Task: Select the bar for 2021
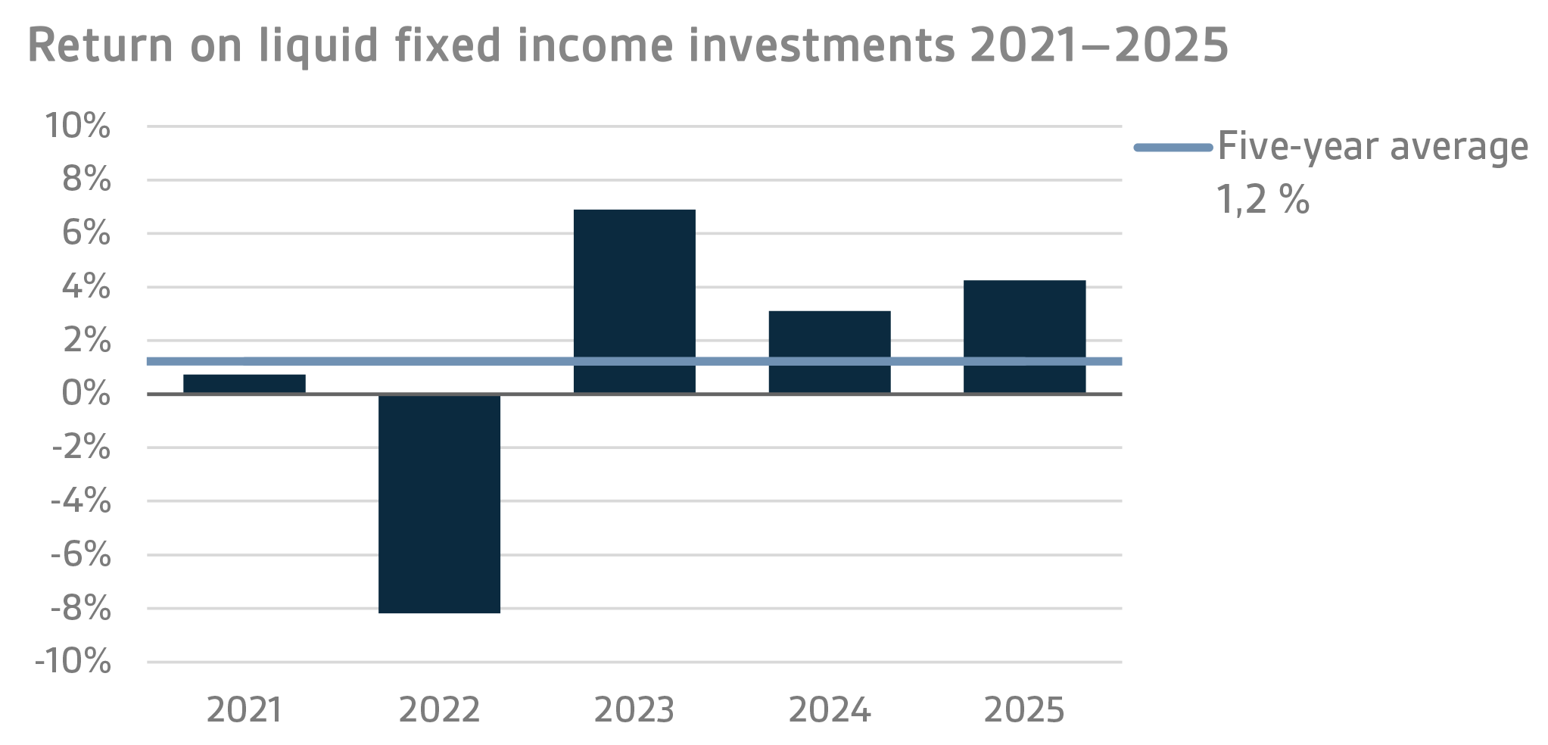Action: click(x=244, y=384)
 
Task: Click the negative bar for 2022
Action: click(x=439, y=503)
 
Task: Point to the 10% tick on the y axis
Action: click(x=78, y=126)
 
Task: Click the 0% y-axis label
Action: click(x=86, y=394)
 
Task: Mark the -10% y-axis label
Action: click(x=73, y=662)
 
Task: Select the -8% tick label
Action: click(x=81, y=609)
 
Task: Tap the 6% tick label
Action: click(x=86, y=233)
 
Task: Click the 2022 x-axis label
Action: click(x=439, y=710)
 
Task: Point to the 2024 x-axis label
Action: click(x=830, y=710)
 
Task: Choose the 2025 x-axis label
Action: click(x=1024, y=710)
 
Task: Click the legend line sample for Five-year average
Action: click(x=1173, y=148)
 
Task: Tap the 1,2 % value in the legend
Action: click(x=1263, y=200)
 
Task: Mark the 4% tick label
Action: click(x=86, y=287)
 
